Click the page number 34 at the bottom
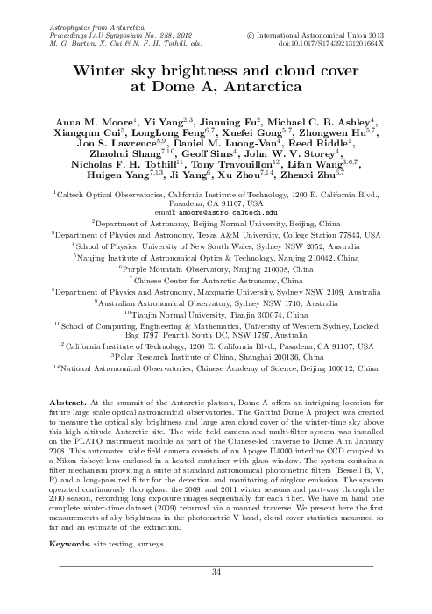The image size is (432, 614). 216,597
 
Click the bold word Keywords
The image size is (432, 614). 76,568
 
